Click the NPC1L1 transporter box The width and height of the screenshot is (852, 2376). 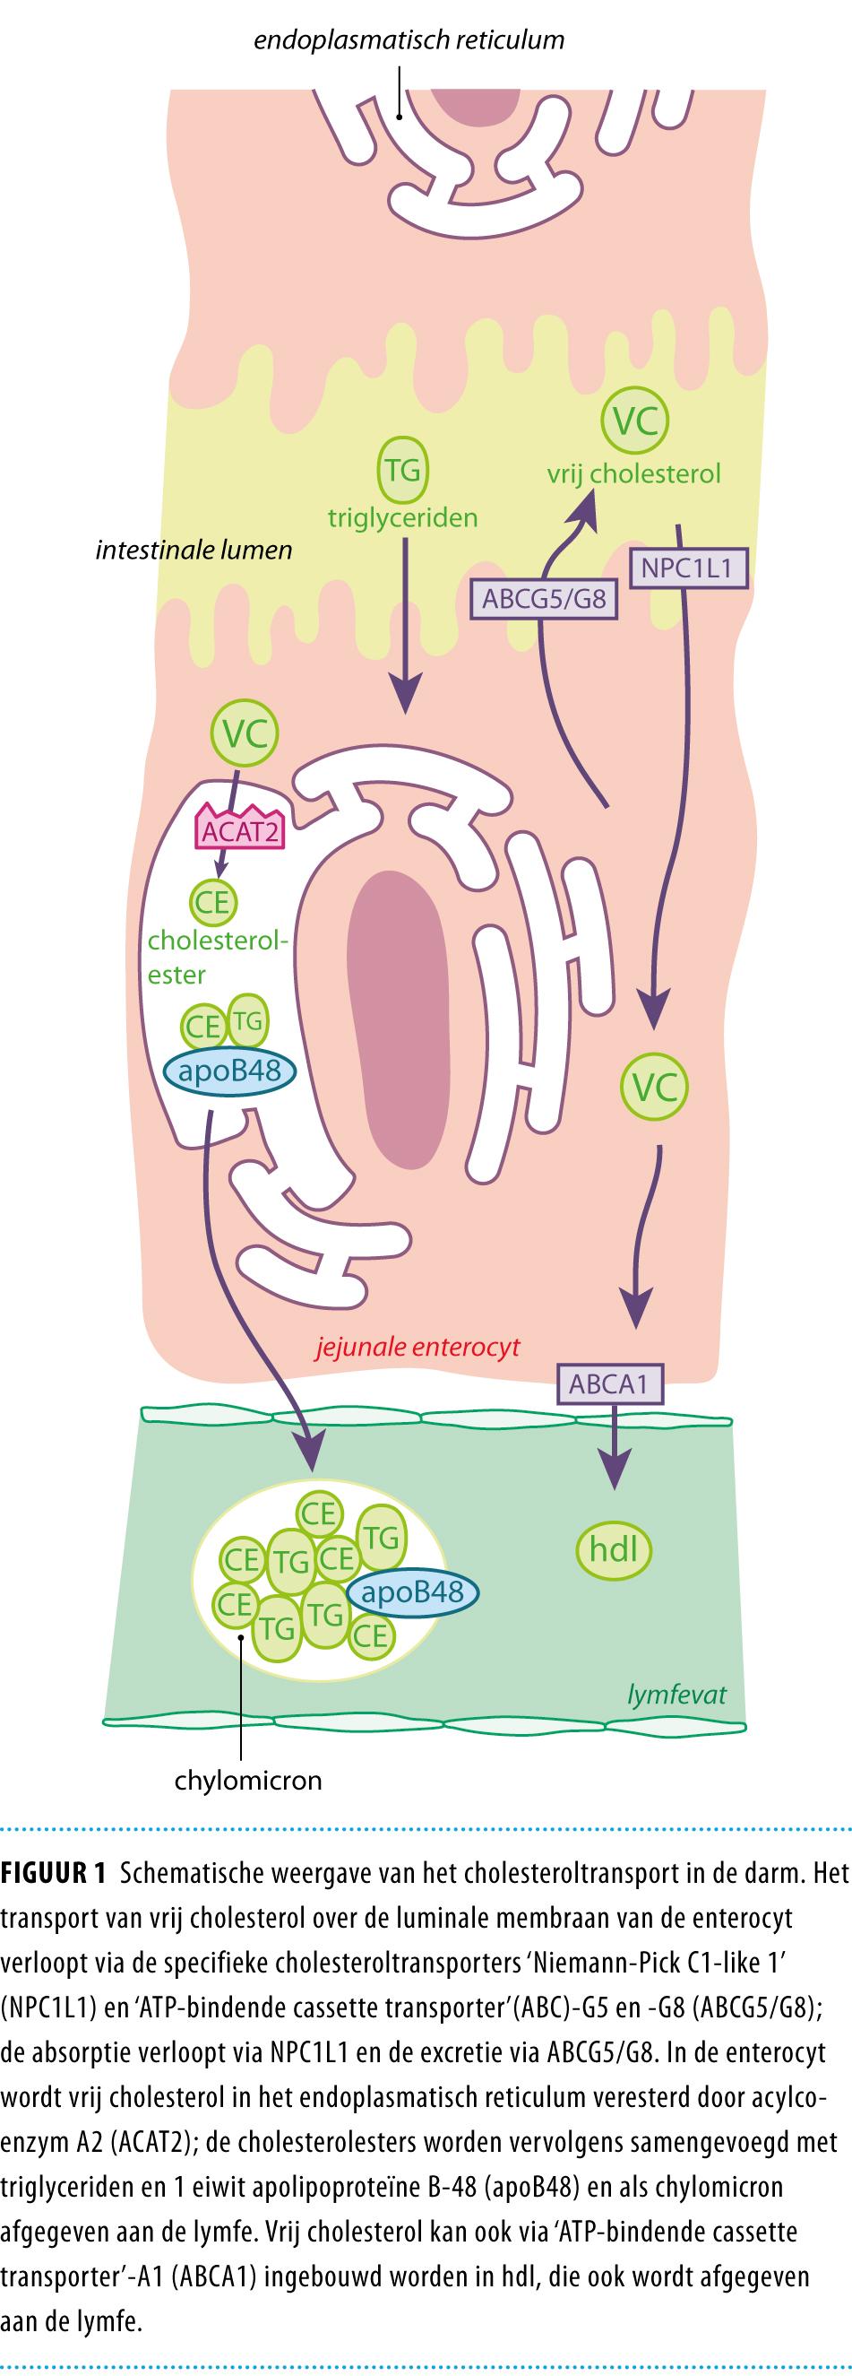click(686, 568)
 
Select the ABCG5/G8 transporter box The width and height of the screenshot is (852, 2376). click(544, 599)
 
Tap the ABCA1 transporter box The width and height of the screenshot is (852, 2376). click(608, 1383)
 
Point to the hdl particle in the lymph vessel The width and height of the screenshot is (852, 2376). click(613, 1548)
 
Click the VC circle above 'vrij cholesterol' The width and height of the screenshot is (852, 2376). click(634, 421)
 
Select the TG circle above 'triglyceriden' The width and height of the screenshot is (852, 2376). click(403, 471)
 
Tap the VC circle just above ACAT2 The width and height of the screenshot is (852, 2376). click(245, 733)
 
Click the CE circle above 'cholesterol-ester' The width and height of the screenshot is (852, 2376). click(213, 901)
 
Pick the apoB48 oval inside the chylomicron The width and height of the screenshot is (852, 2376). click(412, 1592)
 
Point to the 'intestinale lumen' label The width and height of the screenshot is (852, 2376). click(194, 551)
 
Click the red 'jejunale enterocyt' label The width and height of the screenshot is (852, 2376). click(417, 1347)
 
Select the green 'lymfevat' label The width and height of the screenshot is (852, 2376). click(676, 1695)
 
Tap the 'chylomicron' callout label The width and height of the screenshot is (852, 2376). click(248, 1779)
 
